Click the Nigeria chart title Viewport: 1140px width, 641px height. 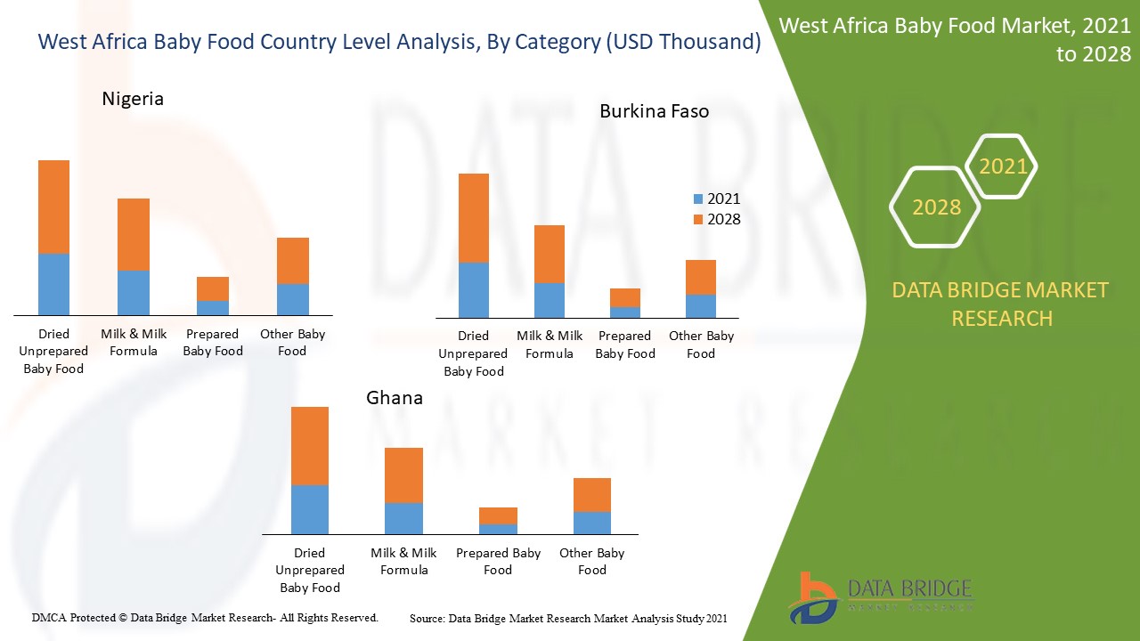pos(133,99)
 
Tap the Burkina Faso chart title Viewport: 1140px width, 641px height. pos(654,111)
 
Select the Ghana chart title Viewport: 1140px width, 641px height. pos(395,398)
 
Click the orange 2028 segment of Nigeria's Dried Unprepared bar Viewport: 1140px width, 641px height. pos(53,207)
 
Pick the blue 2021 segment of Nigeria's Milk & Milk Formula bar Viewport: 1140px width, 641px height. pos(134,293)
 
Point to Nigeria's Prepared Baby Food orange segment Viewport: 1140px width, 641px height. pos(213,288)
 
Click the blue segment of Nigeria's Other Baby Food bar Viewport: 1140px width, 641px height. pos(293,299)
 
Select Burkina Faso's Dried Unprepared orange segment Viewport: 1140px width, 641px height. pos(473,217)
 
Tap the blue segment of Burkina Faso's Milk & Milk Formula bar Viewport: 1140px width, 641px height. pos(550,300)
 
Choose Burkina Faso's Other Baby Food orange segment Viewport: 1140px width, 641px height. pos(701,277)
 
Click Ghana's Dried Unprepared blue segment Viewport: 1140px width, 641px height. pos(310,509)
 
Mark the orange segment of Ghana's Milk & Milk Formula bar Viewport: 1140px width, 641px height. pos(403,475)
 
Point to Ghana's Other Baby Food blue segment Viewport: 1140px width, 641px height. pos(592,523)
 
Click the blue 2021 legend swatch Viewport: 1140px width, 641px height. pos(698,199)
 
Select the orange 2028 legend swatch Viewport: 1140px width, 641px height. pos(698,220)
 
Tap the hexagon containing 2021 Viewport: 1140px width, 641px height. pos(1002,166)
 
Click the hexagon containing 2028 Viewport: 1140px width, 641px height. pos(935,207)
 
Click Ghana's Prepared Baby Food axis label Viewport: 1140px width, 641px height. pos(498,562)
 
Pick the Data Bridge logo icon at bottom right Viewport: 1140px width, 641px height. pos(812,596)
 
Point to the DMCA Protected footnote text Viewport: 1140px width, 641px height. pos(205,617)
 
